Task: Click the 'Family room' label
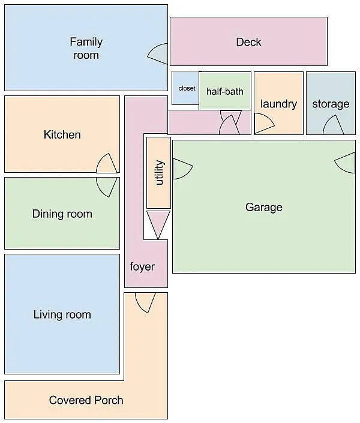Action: pos(86,49)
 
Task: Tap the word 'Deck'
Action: pos(248,42)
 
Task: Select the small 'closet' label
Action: pos(187,88)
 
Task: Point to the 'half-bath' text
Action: pos(224,91)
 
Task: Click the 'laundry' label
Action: pos(278,104)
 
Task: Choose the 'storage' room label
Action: pos(330,104)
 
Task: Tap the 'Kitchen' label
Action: pos(62,134)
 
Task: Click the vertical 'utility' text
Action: pos(159,173)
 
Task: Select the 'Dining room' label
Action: pos(62,214)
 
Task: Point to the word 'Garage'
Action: pos(263,207)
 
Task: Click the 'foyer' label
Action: pos(142,266)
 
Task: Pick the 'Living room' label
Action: pos(62,314)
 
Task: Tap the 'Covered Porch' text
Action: pos(86,400)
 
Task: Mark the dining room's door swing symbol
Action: pos(106,185)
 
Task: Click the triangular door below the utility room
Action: pos(158,223)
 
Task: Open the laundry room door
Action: pos(263,125)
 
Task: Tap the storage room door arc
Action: pos(333,125)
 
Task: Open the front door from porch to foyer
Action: pos(145,301)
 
